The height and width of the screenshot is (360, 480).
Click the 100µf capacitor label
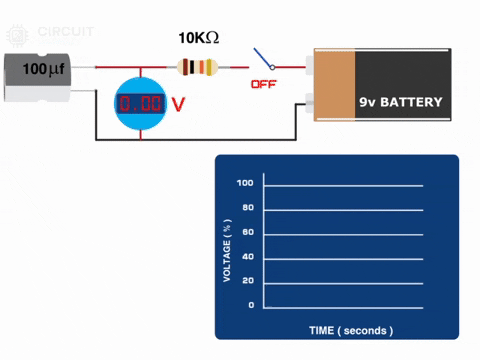click(42, 70)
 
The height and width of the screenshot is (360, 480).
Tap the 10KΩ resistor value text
click(198, 38)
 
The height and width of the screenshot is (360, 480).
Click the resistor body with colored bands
click(196, 68)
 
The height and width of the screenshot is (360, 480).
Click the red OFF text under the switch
click(263, 85)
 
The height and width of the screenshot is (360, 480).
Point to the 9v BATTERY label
click(400, 102)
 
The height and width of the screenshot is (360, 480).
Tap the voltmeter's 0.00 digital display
click(139, 104)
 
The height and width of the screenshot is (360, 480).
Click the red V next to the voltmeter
click(179, 104)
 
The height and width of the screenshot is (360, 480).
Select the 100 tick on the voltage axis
click(245, 184)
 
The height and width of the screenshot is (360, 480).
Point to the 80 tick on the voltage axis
click(248, 208)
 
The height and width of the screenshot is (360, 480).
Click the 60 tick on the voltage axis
click(248, 232)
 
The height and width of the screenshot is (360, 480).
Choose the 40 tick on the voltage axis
click(248, 257)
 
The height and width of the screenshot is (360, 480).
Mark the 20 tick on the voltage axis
click(248, 281)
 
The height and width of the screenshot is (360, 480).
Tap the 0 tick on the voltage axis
click(251, 305)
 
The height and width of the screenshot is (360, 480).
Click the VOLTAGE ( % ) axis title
click(227, 244)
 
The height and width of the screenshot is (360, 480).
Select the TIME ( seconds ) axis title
click(351, 330)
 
